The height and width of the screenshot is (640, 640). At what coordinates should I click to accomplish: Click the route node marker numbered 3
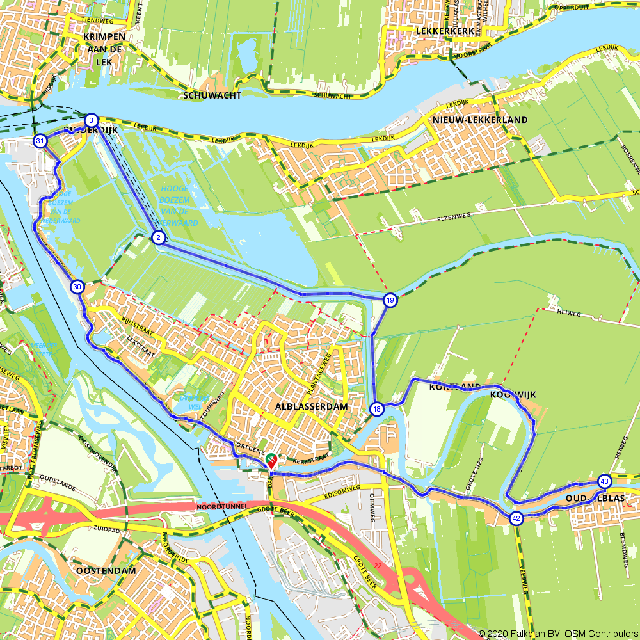pos(92,120)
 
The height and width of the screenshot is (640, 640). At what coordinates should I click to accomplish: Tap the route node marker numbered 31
pos(40,141)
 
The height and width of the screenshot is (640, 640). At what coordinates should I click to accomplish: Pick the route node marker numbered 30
pos(77,287)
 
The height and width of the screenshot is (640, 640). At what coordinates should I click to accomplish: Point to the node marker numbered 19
pos(390,300)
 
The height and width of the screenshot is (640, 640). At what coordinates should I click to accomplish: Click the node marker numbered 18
pos(377,409)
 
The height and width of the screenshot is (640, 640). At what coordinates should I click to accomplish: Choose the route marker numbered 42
pos(516,518)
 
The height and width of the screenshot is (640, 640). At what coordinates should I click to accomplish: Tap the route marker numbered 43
pos(604,481)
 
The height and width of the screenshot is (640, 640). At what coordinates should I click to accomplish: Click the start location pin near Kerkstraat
pos(271,460)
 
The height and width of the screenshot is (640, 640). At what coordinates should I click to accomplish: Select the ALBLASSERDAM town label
pos(311,406)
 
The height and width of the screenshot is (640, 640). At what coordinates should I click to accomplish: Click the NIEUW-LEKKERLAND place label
pos(480,120)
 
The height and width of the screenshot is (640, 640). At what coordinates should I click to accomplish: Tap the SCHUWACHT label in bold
pos(212,95)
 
